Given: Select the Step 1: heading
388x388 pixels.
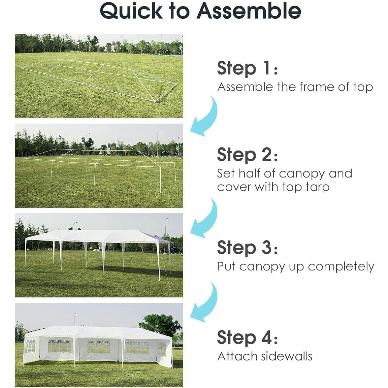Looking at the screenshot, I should pos(247,68).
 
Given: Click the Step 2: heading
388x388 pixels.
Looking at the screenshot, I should pos(247,155).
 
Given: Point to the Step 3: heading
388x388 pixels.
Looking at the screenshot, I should pos(247,248).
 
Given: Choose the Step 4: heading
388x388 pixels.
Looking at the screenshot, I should pos(247,337).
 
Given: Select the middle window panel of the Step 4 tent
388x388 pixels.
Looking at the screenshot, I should pos(98,347).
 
